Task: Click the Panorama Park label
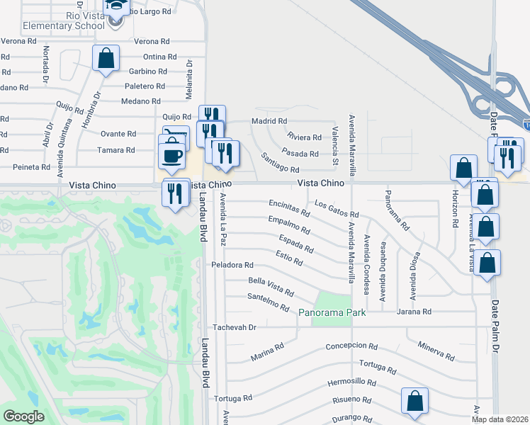[x=332, y=312]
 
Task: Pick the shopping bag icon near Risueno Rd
[x=415, y=400]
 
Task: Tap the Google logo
[x=23, y=416]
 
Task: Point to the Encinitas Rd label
[x=289, y=208]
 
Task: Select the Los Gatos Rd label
[x=337, y=210]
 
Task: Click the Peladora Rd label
[x=232, y=265]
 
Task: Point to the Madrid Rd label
[x=267, y=121]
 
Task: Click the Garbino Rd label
[x=147, y=72]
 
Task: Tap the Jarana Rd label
[x=414, y=312]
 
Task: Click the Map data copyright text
[x=500, y=419]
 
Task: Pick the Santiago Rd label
[x=280, y=163]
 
